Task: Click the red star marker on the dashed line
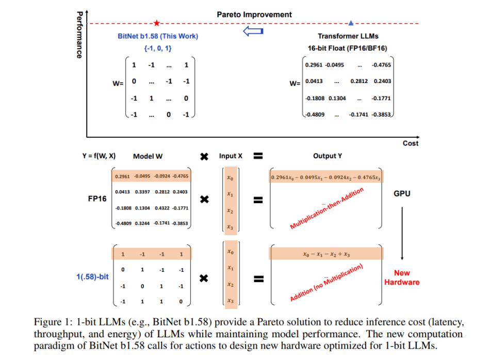157,23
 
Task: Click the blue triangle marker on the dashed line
351,23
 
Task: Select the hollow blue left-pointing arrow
253,32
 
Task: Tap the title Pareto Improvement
254,14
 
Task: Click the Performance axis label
79,35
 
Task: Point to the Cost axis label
411,143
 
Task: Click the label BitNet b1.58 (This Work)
157,37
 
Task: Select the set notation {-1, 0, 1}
157,48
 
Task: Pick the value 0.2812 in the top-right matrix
359,81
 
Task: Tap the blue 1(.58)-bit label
92,276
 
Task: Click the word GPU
402,194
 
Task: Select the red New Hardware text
402,277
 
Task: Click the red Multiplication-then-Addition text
326,208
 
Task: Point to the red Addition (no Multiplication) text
326,283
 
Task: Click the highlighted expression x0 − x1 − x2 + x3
326,254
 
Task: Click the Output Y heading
328,156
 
